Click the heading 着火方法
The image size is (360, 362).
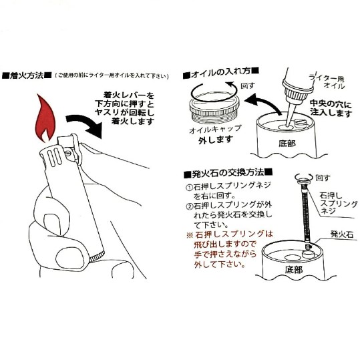pyautogui.click(x=27, y=75)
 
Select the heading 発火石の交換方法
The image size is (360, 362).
pyautogui.click(x=228, y=173)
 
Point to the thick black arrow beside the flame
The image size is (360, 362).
pyautogui.click(x=85, y=125)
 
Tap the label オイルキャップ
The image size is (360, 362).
pyautogui.click(x=215, y=130)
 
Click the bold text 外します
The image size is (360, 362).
pyautogui.click(x=216, y=140)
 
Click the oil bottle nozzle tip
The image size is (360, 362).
pyautogui.click(x=287, y=126)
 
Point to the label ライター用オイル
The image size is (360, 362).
pyautogui.click(x=329, y=81)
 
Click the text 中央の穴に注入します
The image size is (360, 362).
pyautogui.click(x=331, y=108)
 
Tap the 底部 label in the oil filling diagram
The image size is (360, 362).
pyautogui.click(x=287, y=144)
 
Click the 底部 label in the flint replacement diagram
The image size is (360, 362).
pyautogui.click(x=293, y=269)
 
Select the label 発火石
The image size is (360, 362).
pyautogui.click(x=342, y=234)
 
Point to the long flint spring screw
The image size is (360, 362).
pyautogui.click(x=306, y=214)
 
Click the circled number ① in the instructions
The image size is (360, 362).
pyautogui.click(x=189, y=187)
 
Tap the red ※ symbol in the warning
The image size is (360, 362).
pyautogui.click(x=190, y=235)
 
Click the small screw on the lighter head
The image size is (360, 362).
pyautogui.click(x=68, y=153)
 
